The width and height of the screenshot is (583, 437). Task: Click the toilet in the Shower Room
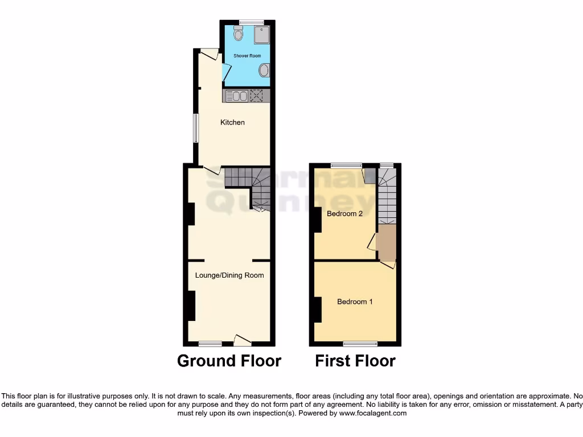[237, 35]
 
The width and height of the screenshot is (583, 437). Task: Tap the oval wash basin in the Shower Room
[264, 71]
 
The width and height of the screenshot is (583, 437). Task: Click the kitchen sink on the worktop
[236, 96]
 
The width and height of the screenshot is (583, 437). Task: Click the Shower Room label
[247, 56]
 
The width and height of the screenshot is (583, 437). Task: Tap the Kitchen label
[232, 122]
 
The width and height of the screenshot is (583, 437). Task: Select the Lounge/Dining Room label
[229, 275]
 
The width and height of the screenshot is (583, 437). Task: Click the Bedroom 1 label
[355, 302]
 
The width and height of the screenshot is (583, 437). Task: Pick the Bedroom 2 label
[344, 214]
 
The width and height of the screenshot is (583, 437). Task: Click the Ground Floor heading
[229, 361]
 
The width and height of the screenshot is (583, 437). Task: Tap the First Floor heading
[355, 361]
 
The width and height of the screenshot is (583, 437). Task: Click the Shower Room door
[225, 72]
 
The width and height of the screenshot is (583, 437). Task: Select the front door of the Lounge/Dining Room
[243, 340]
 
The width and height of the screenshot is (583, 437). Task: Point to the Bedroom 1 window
[360, 344]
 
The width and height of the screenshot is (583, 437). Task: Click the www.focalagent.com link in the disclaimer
[373, 414]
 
